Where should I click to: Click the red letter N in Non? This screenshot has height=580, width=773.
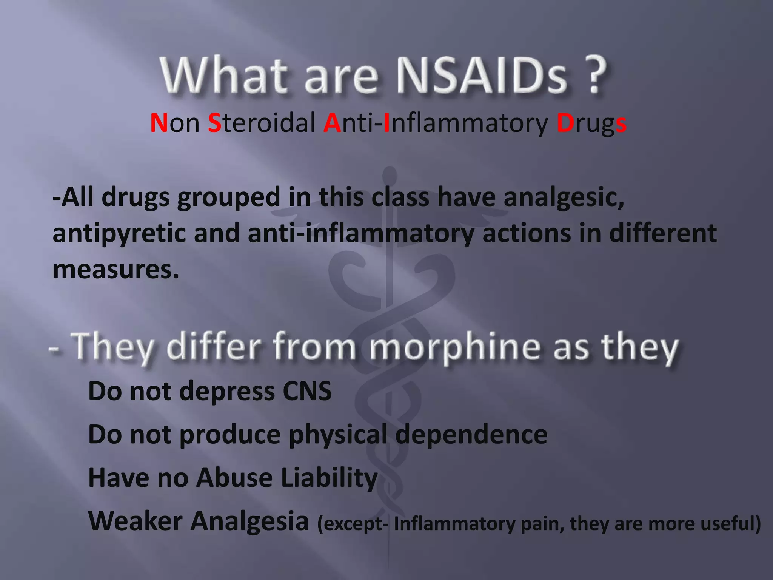tap(159, 123)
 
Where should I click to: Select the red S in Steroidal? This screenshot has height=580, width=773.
tap(214, 123)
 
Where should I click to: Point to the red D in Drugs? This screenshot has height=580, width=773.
tap(565, 123)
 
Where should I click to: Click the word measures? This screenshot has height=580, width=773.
tap(115, 270)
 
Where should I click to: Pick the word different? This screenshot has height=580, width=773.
tap(663, 233)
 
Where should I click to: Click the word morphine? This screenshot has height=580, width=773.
tap(455, 347)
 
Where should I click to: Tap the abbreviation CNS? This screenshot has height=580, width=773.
tap(307, 391)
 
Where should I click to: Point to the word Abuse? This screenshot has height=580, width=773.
tap(234, 478)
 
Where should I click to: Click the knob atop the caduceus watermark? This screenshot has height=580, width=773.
tap(389, 174)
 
